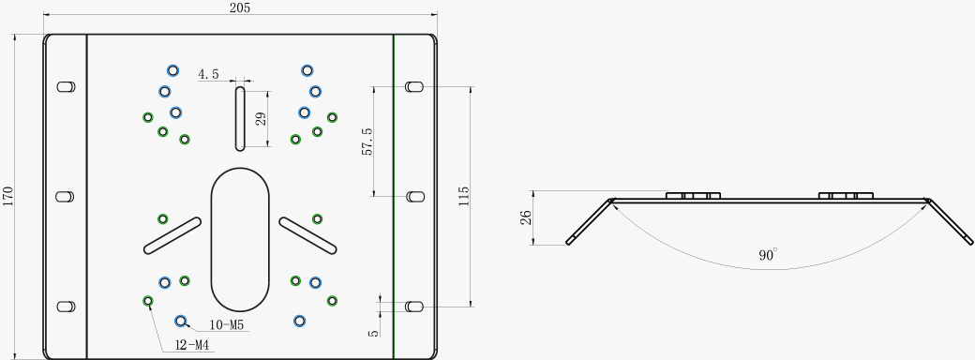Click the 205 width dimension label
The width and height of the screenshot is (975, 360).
(239, 7)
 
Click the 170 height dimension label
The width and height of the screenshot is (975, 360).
(7, 196)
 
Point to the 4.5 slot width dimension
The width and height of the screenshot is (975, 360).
(208, 75)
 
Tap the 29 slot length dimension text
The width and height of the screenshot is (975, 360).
(262, 118)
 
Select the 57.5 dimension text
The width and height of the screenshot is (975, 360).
(367, 142)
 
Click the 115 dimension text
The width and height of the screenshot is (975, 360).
(464, 197)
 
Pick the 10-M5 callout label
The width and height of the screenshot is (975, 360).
(226, 324)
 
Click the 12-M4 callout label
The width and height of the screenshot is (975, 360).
(191, 346)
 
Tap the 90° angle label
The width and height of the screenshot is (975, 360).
(768, 255)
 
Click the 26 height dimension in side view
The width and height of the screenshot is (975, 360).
(525, 217)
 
